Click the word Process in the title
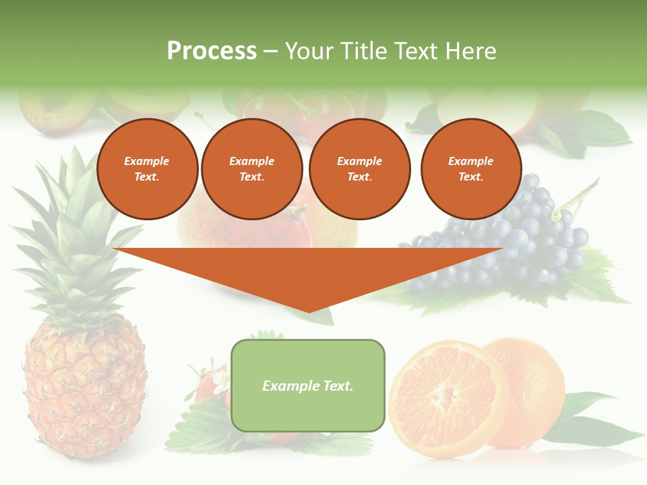[212, 51]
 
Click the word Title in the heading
[365, 51]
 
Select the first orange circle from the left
[147, 169]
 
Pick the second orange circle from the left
[251, 169]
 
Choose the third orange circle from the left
[359, 169]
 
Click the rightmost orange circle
[470, 169]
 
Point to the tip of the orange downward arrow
[309, 311]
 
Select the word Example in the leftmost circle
[147, 162]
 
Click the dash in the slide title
[270, 52]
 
